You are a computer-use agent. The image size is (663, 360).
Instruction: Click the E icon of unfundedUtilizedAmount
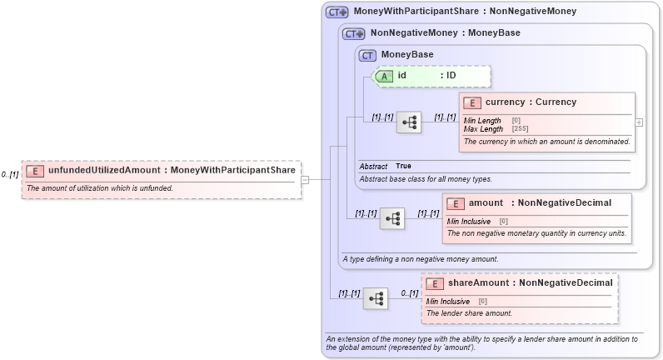[35, 171]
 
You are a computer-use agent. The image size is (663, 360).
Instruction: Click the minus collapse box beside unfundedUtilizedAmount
[306, 178]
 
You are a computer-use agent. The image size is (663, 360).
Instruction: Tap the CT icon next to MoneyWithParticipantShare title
[336, 12]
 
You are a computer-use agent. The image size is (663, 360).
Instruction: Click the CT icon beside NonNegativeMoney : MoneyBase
[354, 33]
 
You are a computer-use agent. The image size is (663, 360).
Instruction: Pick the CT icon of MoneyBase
[367, 55]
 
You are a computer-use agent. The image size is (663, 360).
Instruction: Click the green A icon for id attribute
[384, 76]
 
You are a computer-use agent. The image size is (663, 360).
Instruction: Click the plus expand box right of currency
[639, 122]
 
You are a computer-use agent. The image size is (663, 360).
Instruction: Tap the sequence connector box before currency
[409, 122]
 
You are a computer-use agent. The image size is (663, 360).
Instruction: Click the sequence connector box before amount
[392, 218]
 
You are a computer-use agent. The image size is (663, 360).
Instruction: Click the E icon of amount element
[456, 203]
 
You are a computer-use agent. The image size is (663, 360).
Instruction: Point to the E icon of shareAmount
[435, 283]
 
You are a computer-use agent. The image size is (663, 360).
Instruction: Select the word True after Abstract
[403, 166]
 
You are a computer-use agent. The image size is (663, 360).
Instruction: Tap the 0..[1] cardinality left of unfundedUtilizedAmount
[10, 175]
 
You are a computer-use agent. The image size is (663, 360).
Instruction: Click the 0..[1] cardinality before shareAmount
[409, 293]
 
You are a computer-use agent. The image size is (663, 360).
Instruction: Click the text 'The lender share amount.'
[469, 313]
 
